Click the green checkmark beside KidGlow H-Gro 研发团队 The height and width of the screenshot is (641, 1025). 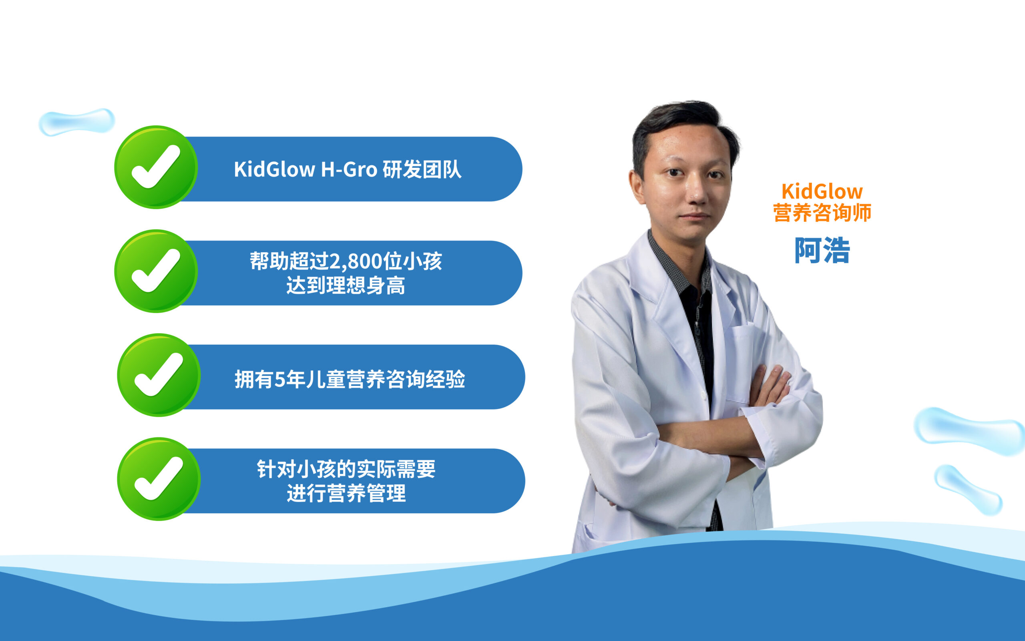[156, 167]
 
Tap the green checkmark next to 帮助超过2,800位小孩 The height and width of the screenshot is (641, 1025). [156, 271]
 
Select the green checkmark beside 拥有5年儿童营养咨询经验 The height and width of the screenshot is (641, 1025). [159, 375]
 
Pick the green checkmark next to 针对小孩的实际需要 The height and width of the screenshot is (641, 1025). [159, 478]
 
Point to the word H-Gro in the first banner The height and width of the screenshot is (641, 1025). [349, 170]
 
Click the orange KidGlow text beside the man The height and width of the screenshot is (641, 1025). [822, 192]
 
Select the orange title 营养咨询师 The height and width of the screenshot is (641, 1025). [822, 212]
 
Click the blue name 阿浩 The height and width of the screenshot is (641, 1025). [822, 250]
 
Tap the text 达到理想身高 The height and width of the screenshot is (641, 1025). [346, 285]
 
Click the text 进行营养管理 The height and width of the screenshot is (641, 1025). [346, 493]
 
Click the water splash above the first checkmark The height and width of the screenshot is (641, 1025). [77, 122]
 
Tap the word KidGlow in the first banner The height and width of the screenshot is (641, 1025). [274, 170]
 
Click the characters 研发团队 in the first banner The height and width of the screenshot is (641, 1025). [422, 170]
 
